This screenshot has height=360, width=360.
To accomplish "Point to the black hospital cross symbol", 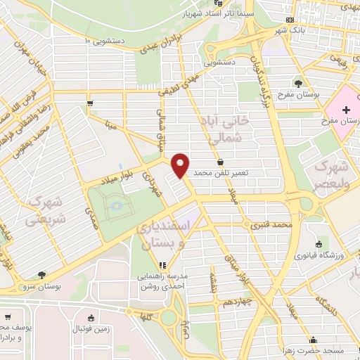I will pos(346,110).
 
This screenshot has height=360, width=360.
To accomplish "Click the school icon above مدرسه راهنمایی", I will pos(160,266).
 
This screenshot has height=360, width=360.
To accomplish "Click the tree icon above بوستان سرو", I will pos(42,275).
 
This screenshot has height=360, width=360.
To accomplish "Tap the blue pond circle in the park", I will pos(116,205).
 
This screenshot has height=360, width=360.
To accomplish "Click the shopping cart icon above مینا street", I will pos(89,103).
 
